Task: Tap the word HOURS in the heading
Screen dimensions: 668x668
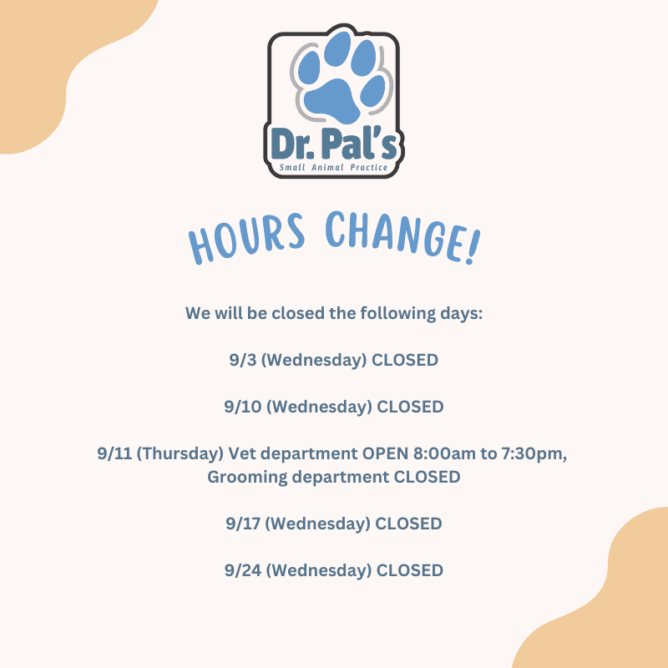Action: coord(247,239)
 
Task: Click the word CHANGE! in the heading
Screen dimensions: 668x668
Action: coord(403,237)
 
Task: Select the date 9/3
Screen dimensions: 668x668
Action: coord(243,360)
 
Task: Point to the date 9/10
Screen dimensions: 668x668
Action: coord(243,407)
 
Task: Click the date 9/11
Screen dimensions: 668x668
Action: coord(114,453)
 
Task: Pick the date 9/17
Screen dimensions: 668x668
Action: coord(243,524)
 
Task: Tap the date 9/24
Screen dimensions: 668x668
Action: coord(243,570)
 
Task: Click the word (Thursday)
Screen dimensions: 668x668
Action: coord(180,454)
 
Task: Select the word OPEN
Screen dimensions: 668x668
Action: coord(385,453)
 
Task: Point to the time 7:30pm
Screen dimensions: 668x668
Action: coord(534,454)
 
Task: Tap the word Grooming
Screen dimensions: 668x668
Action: coord(247,478)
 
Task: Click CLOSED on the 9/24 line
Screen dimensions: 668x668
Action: coord(410,570)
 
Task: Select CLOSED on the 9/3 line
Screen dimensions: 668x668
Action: coord(405,360)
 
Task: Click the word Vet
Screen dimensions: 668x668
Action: coord(242,453)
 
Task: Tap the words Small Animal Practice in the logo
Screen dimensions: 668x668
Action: coord(333,168)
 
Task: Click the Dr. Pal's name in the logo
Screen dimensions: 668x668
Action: coord(334,144)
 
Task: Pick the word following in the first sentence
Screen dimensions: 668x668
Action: coord(398,314)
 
